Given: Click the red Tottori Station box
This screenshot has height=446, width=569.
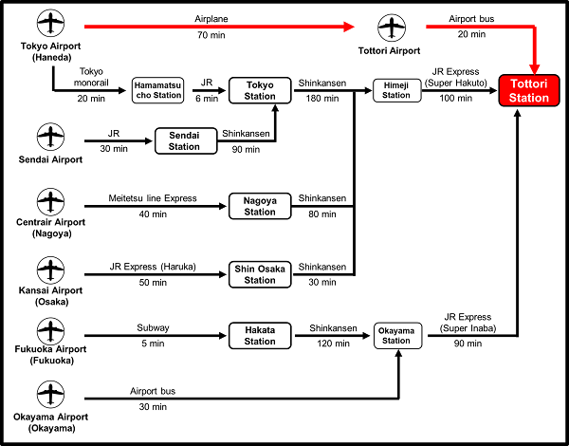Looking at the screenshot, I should (x=528, y=91).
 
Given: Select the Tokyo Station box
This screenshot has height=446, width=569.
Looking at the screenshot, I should (x=260, y=91).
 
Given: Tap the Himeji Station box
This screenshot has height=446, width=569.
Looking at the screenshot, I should (x=396, y=90).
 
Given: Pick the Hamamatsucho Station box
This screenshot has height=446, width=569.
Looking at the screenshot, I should (x=156, y=91).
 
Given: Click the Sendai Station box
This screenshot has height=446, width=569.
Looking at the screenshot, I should (x=184, y=141).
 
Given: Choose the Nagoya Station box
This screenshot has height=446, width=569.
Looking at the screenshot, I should (x=260, y=206).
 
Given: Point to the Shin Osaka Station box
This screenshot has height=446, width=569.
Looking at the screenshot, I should (x=260, y=274).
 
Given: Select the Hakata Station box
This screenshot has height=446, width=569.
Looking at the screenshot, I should (x=260, y=335).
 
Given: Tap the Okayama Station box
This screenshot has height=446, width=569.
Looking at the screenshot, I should (x=396, y=335).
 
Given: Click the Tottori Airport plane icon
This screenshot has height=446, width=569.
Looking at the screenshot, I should (x=388, y=28).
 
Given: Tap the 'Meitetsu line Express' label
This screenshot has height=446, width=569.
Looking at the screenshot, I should (x=153, y=198).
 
